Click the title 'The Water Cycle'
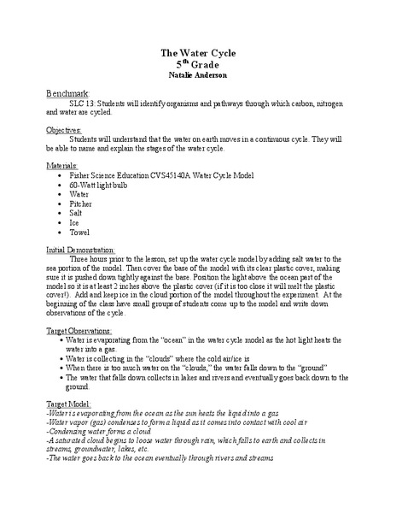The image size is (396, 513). pyautogui.click(x=197, y=53)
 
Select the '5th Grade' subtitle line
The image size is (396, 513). pyautogui.click(x=197, y=65)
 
